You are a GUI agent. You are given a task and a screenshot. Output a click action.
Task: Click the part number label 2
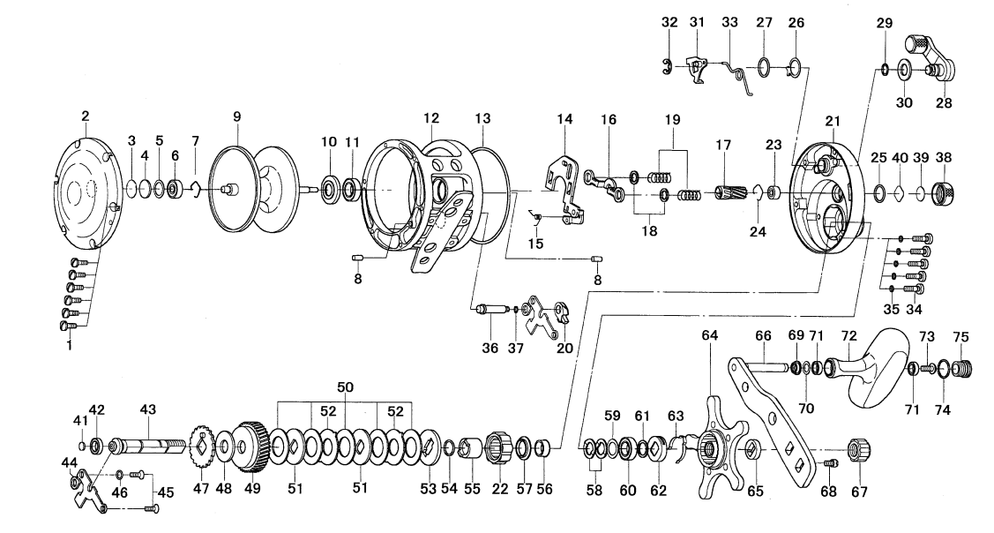click(86, 116)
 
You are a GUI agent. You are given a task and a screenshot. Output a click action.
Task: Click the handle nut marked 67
click(855, 447)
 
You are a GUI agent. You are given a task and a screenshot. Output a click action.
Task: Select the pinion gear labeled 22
click(497, 453)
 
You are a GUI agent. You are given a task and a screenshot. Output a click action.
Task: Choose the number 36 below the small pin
click(482, 349)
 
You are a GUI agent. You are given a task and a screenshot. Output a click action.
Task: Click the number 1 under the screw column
click(70, 346)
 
